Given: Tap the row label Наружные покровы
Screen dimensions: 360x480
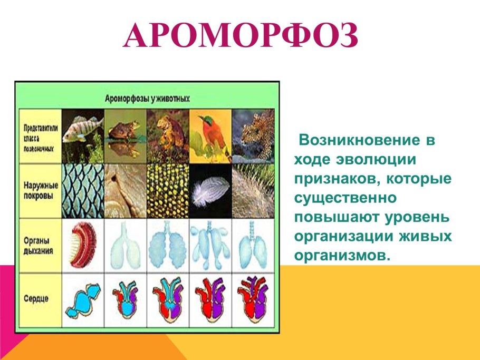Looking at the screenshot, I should coord(39,190).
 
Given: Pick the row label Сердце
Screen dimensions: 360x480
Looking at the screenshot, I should coord(36,298).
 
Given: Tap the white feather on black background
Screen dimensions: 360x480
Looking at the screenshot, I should coord(210,190).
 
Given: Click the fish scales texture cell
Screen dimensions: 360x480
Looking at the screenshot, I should coord(82,190).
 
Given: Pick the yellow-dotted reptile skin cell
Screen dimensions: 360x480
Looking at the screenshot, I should coord(168,190).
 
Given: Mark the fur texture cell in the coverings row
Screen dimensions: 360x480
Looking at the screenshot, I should coord(253,190).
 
